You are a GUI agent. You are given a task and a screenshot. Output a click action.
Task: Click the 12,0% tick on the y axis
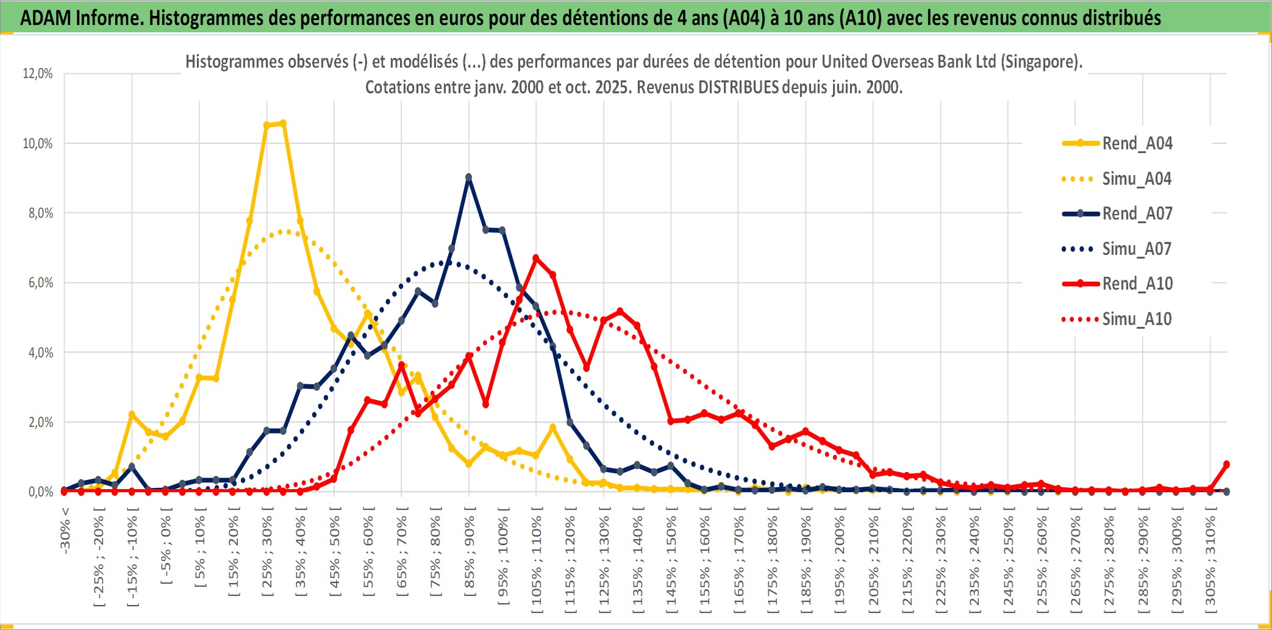[x=38, y=74]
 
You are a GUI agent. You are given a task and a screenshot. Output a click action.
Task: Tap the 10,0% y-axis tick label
[x=38, y=143]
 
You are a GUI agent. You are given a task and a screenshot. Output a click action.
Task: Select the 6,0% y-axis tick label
[x=40, y=283]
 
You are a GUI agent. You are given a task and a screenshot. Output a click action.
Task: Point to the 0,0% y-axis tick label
[x=40, y=492]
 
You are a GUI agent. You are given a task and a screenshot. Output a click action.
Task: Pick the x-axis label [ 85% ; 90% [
[x=469, y=553]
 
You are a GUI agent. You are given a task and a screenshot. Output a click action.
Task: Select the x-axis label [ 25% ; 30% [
[x=267, y=553]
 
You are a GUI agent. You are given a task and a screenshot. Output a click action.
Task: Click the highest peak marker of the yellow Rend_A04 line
[x=282, y=123]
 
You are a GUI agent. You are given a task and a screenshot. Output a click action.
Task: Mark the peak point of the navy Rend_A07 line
[x=468, y=177]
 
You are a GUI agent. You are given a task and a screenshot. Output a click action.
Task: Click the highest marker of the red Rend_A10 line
[x=536, y=258]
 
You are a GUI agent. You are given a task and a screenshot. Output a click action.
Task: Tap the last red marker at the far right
[x=1226, y=464]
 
